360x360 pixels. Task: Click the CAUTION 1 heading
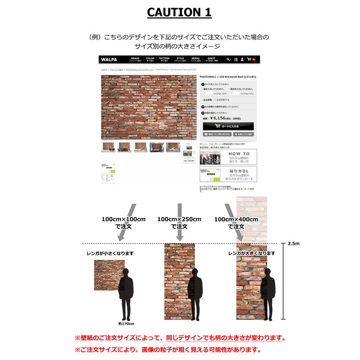[x=180, y=12]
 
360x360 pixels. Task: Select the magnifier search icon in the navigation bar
[x=229, y=60]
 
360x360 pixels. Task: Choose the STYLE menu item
[x=180, y=60]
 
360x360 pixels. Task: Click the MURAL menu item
[x=195, y=60]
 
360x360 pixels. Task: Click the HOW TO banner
[x=228, y=157]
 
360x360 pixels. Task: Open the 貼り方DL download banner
[x=228, y=174]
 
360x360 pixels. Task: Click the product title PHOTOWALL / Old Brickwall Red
[x=227, y=77]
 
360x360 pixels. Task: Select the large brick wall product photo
[x=149, y=107]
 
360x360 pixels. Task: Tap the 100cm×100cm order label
[x=123, y=222]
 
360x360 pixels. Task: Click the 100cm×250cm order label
[x=179, y=222]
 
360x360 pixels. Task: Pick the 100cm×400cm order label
[x=235, y=222]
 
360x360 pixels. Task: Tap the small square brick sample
[x=109, y=278]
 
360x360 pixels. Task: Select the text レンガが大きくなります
[x=252, y=253]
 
